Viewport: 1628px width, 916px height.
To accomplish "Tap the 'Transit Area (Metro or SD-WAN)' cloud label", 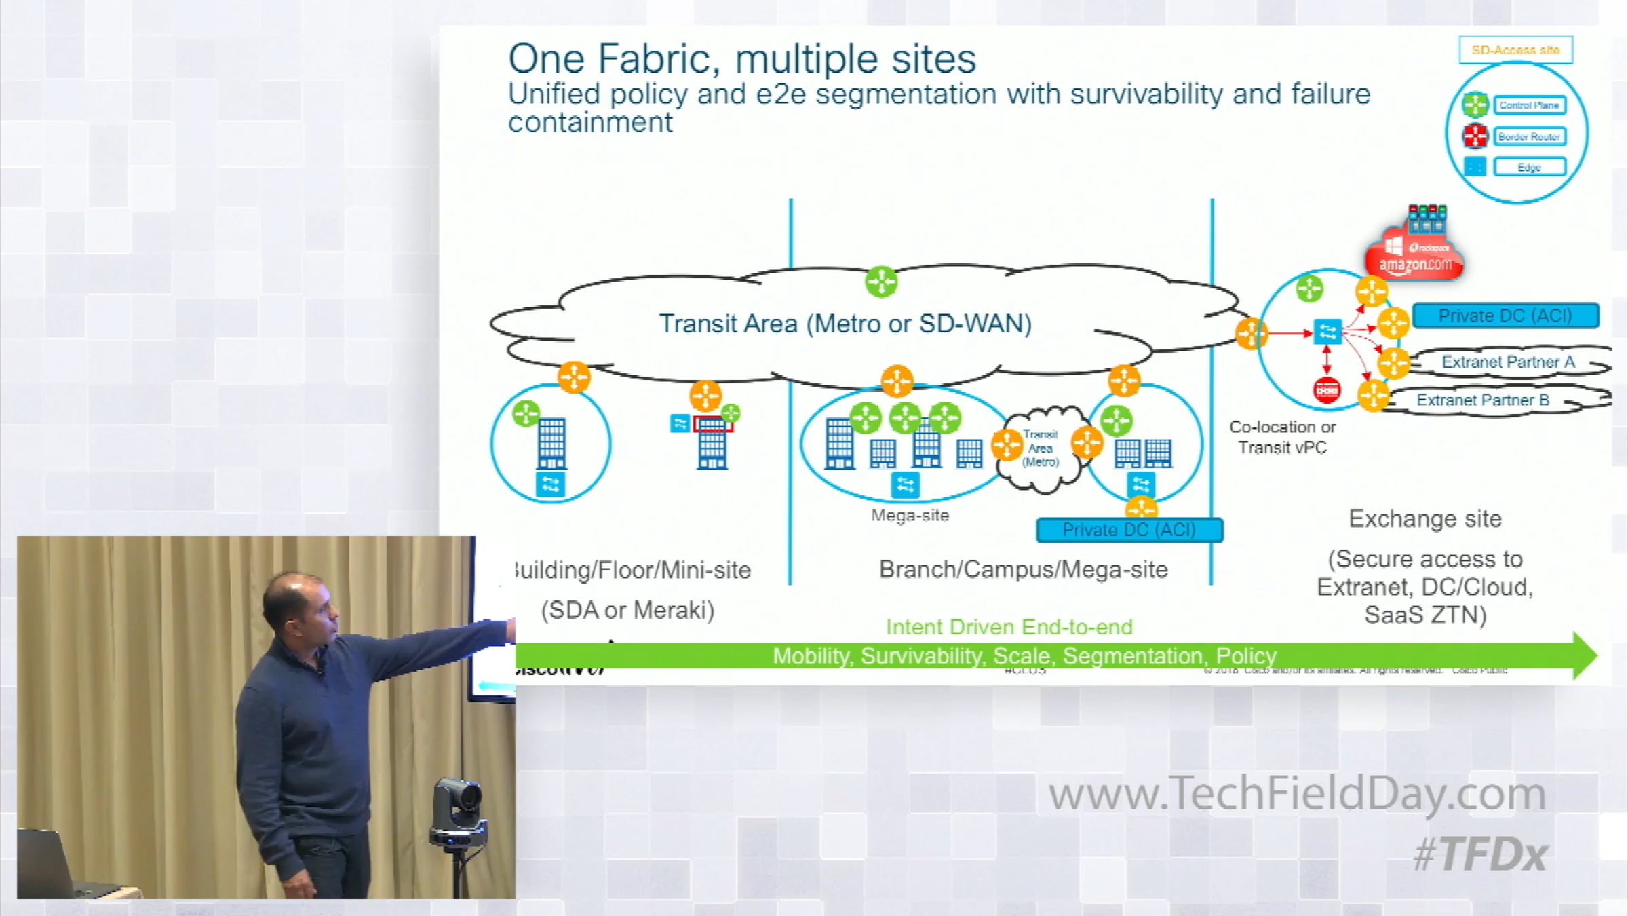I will point(845,324).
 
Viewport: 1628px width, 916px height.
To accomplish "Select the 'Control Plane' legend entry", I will point(1529,105).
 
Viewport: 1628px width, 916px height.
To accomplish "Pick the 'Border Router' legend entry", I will point(1529,136).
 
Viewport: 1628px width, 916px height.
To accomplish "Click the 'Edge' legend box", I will point(1529,167).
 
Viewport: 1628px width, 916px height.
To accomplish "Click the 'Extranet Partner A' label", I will point(1508,362).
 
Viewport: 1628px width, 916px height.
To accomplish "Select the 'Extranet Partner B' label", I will point(1483,400).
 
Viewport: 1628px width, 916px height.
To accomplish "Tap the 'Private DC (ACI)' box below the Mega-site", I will point(1129,530).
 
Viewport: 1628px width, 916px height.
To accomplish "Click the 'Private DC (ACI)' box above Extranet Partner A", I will point(1505,316).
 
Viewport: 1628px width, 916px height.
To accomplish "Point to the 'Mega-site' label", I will point(910,516).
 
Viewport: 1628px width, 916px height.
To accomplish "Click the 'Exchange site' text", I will point(1425,519).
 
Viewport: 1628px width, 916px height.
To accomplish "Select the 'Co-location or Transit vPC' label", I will point(1282,437).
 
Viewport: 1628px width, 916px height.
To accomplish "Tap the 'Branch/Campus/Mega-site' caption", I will point(1023,569).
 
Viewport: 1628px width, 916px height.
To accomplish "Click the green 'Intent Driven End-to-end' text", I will point(1009,627).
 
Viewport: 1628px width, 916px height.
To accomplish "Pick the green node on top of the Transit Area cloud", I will point(881,282).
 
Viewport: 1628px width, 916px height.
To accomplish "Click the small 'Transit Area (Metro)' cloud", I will point(1040,449).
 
